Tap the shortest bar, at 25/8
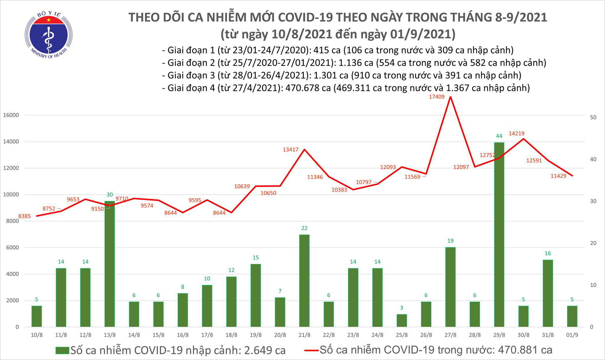pyautogui.click(x=402, y=320)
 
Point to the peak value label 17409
pyautogui.click(x=437, y=97)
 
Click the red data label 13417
pyautogui.click(x=290, y=150)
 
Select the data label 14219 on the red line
pyautogui.click(x=516, y=133)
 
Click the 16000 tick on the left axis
pyautogui.click(x=11, y=115)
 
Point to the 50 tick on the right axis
pyautogui.click(x=593, y=117)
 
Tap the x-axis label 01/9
pyautogui.click(x=572, y=335)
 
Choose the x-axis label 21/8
pyautogui.click(x=304, y=335)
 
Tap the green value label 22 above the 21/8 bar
pyautogui.click(x=304, y=228)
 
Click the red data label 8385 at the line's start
pyautogui.click(x=25, y=216)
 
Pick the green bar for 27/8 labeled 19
pyautogui.click(x=450, y=287)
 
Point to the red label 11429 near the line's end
pyautogui.click(x=558, y=176)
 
